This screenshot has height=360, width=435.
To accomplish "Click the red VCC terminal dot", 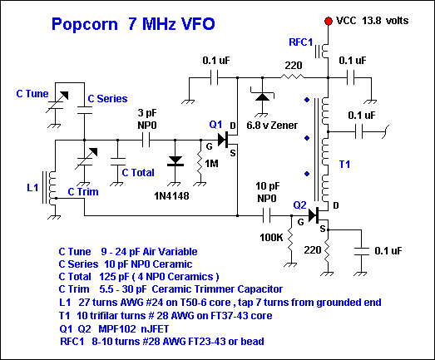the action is [x=329, y=21].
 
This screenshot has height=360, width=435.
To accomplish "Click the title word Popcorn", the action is [x=85, y=24].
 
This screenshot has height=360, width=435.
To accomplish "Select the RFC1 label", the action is [x=301, y=42].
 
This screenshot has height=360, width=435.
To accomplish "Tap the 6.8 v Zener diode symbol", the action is [x=262, y=96].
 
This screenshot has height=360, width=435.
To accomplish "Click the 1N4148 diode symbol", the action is [x=175, y=161].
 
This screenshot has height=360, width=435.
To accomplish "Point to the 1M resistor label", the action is [x=211, y=164].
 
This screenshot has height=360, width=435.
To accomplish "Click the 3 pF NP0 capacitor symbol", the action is [x=146, y=140].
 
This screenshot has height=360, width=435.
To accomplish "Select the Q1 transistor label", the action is [x=215, y=124].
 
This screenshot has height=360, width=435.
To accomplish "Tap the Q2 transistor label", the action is [x=300, y=205].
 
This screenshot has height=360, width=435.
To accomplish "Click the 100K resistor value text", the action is [x=271, y=238].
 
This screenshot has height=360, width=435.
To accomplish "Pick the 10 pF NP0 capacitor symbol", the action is [x=266, y=215].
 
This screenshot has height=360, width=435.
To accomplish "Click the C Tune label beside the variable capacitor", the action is [x=32, y=94].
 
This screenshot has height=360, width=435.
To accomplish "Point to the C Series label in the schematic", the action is [x=107, y=98].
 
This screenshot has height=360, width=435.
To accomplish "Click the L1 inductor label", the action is [x=32, y=188].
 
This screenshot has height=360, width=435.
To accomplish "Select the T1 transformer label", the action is [x=344, y=165].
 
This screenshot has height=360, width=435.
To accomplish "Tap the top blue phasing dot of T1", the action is [x=307, y=100].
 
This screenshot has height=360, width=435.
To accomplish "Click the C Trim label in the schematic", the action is [x=83, y=192].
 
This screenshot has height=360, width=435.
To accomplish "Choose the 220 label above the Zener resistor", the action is [x=294, y=66].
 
